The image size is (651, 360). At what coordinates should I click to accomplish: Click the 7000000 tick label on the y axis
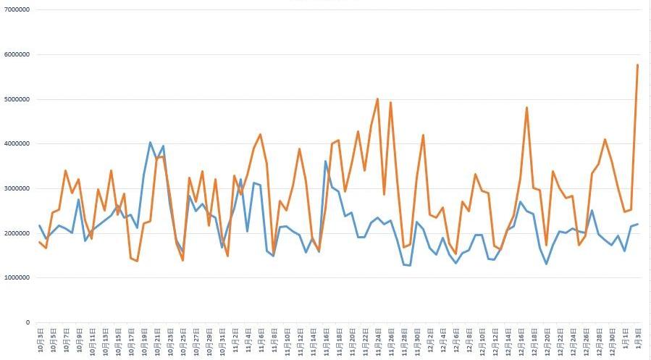pos(16,10)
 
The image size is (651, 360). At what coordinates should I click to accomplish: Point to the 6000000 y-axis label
pos(16,54)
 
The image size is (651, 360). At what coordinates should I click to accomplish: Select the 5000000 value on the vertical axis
pos(16,99)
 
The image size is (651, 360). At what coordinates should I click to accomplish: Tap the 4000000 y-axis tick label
pos(16,144)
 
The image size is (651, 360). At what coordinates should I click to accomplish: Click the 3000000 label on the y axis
pos(16,188)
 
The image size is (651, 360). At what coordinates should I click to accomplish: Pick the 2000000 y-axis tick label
pos(16,233)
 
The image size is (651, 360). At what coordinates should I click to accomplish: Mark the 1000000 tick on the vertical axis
pos(16,278)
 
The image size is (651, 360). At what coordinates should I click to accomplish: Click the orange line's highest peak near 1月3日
pos(637,65)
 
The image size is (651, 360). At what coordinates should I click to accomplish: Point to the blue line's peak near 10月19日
pos(150,143)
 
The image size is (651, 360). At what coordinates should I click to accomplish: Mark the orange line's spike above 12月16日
pos(526,108)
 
